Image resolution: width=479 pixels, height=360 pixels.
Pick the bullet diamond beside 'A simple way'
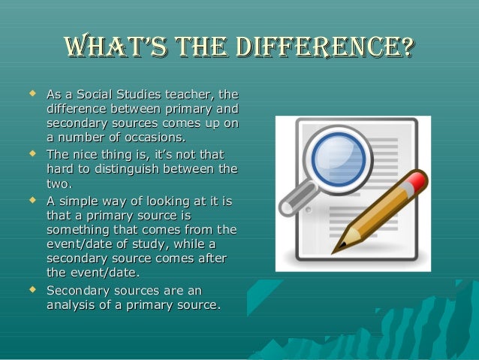tap(32, 201)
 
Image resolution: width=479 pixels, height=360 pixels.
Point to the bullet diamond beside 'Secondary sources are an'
tap(32, 289)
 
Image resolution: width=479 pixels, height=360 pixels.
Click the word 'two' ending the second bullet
tap(59, 183)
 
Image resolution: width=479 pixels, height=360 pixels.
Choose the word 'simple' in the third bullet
tap(83, 201)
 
